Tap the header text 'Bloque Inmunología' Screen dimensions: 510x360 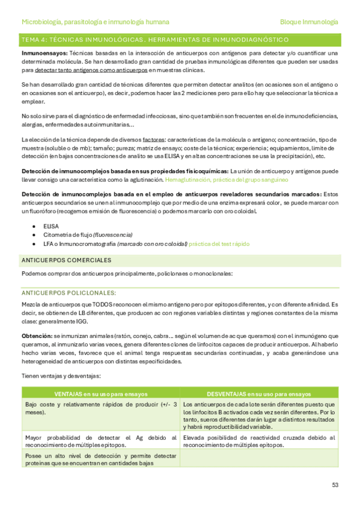pos(309,22)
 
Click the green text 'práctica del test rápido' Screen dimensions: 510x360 pos(219,244)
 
